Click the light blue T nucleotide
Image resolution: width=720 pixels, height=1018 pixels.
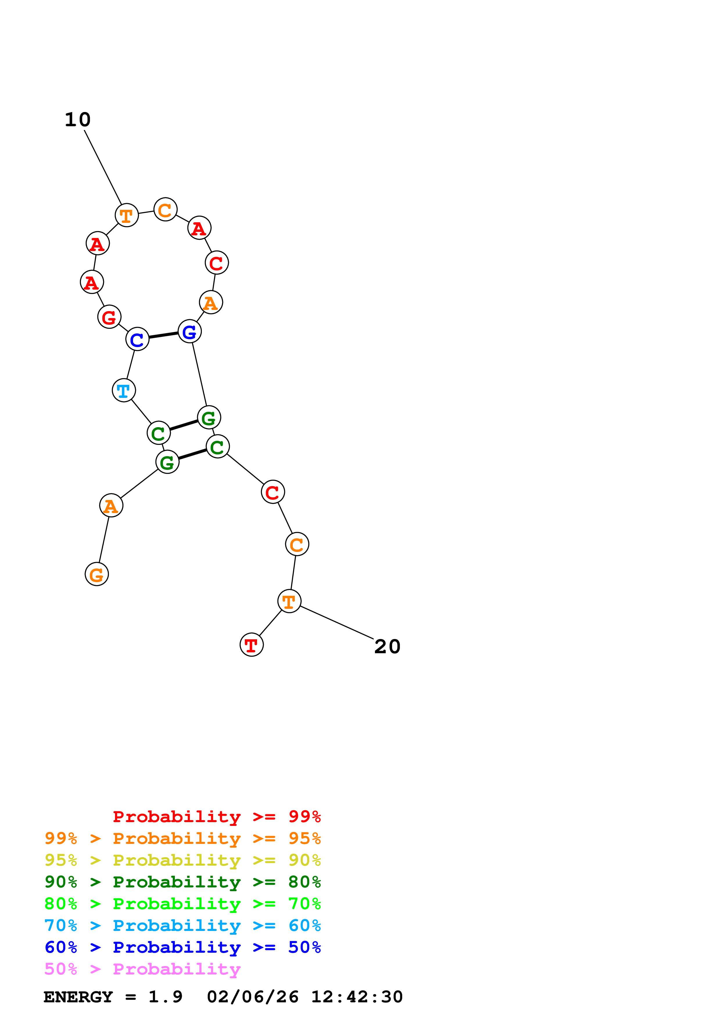point(124,391)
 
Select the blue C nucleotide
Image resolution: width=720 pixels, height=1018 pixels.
point(137,339)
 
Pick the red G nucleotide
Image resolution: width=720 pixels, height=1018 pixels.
point(109,317)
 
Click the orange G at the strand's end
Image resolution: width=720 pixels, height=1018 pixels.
point(97,574)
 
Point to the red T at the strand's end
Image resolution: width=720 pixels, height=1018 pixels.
point(252,645)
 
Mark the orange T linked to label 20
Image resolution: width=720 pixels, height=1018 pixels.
point(289,601)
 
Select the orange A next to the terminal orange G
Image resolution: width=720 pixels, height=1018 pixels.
point(111,506)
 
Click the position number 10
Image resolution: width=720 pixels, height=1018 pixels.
point(78,120)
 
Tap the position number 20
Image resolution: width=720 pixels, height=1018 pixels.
point(387,647)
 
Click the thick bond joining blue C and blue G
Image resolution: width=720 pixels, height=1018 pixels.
point(163,335)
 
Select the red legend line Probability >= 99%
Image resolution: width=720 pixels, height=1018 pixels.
point(216,816)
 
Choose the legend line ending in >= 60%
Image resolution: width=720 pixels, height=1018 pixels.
point(182,925)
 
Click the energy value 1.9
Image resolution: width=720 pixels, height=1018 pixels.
point(165,997)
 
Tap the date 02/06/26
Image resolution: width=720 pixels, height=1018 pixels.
point(252,997)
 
